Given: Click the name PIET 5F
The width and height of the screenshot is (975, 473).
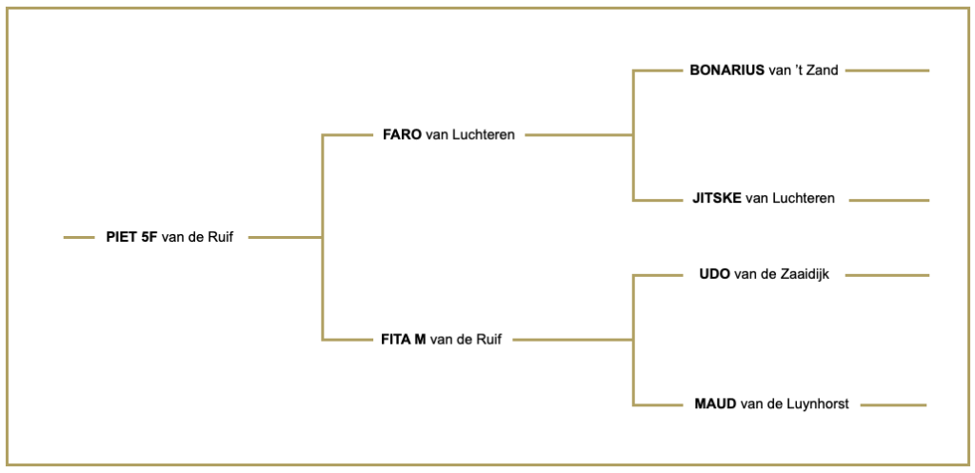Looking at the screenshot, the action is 131,237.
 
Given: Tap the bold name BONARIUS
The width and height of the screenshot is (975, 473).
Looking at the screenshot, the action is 726,70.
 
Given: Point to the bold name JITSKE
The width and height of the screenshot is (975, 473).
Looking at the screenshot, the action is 716,198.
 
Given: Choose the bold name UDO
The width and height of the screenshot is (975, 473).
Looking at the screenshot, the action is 714,274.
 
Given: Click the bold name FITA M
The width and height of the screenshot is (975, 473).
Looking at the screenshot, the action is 403,340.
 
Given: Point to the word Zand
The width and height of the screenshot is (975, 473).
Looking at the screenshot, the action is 824,70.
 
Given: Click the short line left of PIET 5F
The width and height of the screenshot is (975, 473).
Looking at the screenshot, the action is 79,237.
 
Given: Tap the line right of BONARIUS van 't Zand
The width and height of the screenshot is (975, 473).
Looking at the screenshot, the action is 887,70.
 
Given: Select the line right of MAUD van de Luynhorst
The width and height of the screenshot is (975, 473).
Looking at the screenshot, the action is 893,405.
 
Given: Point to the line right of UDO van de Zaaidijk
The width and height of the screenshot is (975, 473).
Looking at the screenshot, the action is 887,275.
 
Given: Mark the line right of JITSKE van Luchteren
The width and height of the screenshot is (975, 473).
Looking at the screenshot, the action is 889,200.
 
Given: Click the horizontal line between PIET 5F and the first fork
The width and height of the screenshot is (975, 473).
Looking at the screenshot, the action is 286,237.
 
